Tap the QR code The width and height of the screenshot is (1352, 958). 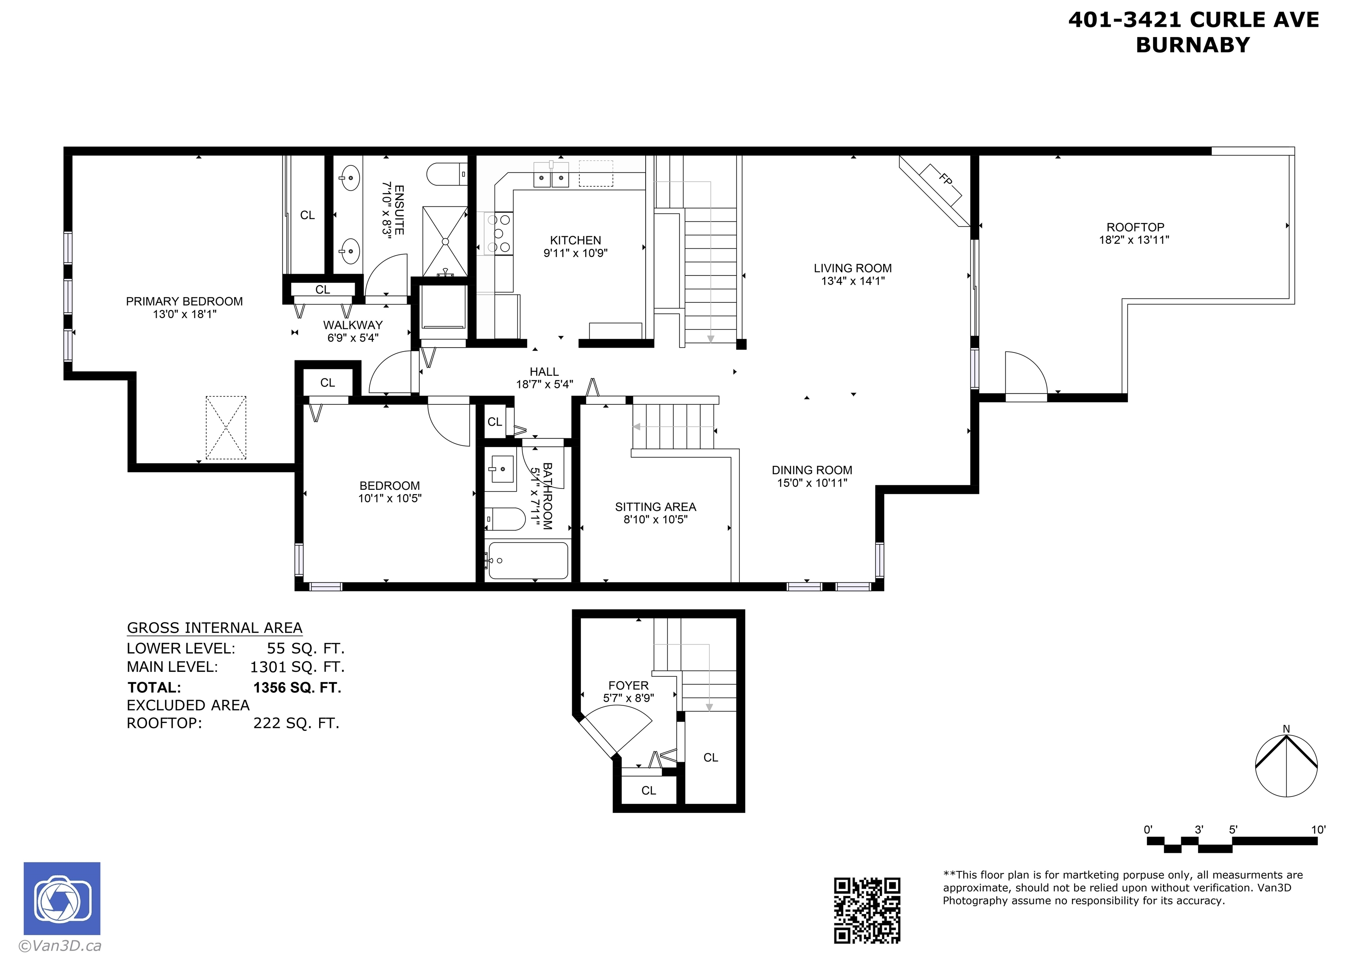tap(867, 910)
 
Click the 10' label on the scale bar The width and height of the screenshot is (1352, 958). tap(1318, 830)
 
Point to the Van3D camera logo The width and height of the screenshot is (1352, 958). tap(62, 899)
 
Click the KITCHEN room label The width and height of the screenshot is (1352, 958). tap(575, 240)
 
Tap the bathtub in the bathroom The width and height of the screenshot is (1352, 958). tap(528, 560)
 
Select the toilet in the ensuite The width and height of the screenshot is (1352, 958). tap(447, 174)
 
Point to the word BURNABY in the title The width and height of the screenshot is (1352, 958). tap(1193, 45)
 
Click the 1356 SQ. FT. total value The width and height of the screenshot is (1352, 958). tap(298, 688)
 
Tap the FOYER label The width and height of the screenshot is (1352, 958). tap(628, 686)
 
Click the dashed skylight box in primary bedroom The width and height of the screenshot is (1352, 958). tap(226, 428)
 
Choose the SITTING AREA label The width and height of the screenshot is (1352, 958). tap(655, 507)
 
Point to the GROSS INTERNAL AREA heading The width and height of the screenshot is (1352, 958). tap(215, 628)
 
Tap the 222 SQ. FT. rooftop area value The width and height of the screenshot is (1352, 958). tap(297, 723)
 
